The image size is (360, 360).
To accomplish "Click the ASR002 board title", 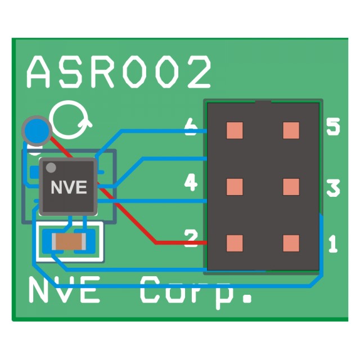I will click(119, 71).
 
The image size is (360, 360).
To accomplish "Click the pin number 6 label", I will click(191, 130).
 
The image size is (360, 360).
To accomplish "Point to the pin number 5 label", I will click(333, 128).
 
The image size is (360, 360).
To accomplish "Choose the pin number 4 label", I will click(191, 183).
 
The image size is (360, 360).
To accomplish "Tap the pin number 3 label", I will click(333, 188).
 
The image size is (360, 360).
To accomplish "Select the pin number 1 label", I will click(332, 244).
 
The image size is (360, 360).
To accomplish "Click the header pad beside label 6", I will click(235, 130).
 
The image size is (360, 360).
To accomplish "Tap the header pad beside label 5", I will click(290, 130).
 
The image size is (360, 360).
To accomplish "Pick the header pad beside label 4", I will click(235, 187).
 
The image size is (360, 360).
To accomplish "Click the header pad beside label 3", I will click(290, 187).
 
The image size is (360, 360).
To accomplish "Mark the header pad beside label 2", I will click(235, 243).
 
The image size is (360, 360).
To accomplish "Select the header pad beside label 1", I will click(290, 243).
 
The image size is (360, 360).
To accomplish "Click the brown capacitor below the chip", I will click(69, 242).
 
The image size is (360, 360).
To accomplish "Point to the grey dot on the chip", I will click(51, 168).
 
